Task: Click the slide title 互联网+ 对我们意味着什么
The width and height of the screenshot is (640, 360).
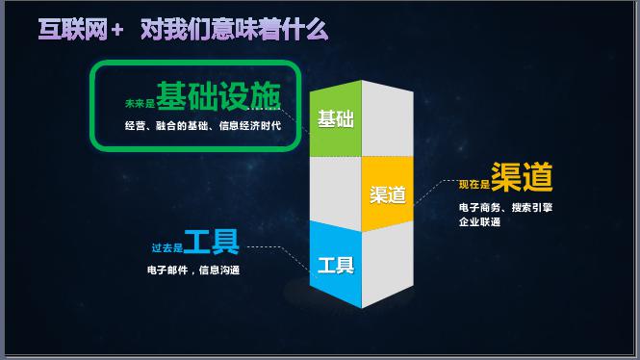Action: [183, 30]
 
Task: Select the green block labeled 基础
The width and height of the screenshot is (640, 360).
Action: [335, 119]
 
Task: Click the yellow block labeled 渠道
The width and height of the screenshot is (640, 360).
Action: [388, 193]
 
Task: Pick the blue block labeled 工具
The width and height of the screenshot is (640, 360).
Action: [335, 265]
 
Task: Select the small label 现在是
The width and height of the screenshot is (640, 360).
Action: [474, 184]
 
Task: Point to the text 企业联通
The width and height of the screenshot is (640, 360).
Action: [479, 222]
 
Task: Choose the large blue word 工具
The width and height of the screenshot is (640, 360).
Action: [211, 242]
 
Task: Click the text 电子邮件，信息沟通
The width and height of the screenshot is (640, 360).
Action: [192, 270]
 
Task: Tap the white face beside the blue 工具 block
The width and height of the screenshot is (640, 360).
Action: [387, 270]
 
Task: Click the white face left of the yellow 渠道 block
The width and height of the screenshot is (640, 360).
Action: [335, 190]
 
